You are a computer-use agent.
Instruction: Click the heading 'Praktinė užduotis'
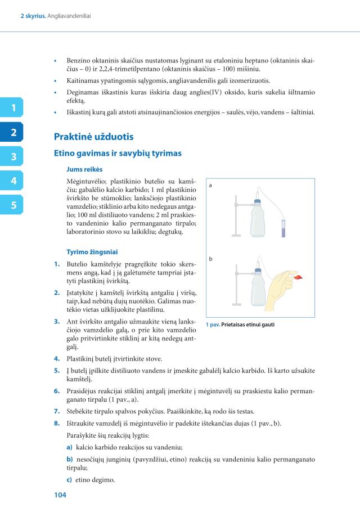pos(93,137)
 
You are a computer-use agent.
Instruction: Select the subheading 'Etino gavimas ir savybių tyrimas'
pos(118,152)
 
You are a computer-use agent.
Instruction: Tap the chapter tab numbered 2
pos(12,132)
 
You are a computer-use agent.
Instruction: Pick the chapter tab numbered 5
pos(12,205)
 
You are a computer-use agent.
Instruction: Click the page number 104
pos(60,495)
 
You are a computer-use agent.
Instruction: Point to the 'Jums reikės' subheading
pos(84,169)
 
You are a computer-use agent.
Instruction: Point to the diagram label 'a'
pos(210,184)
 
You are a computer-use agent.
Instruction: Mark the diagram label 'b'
pos(210,259)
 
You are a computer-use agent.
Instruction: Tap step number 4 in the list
pos(57,358)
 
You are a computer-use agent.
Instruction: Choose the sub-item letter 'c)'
pos(69,480)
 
